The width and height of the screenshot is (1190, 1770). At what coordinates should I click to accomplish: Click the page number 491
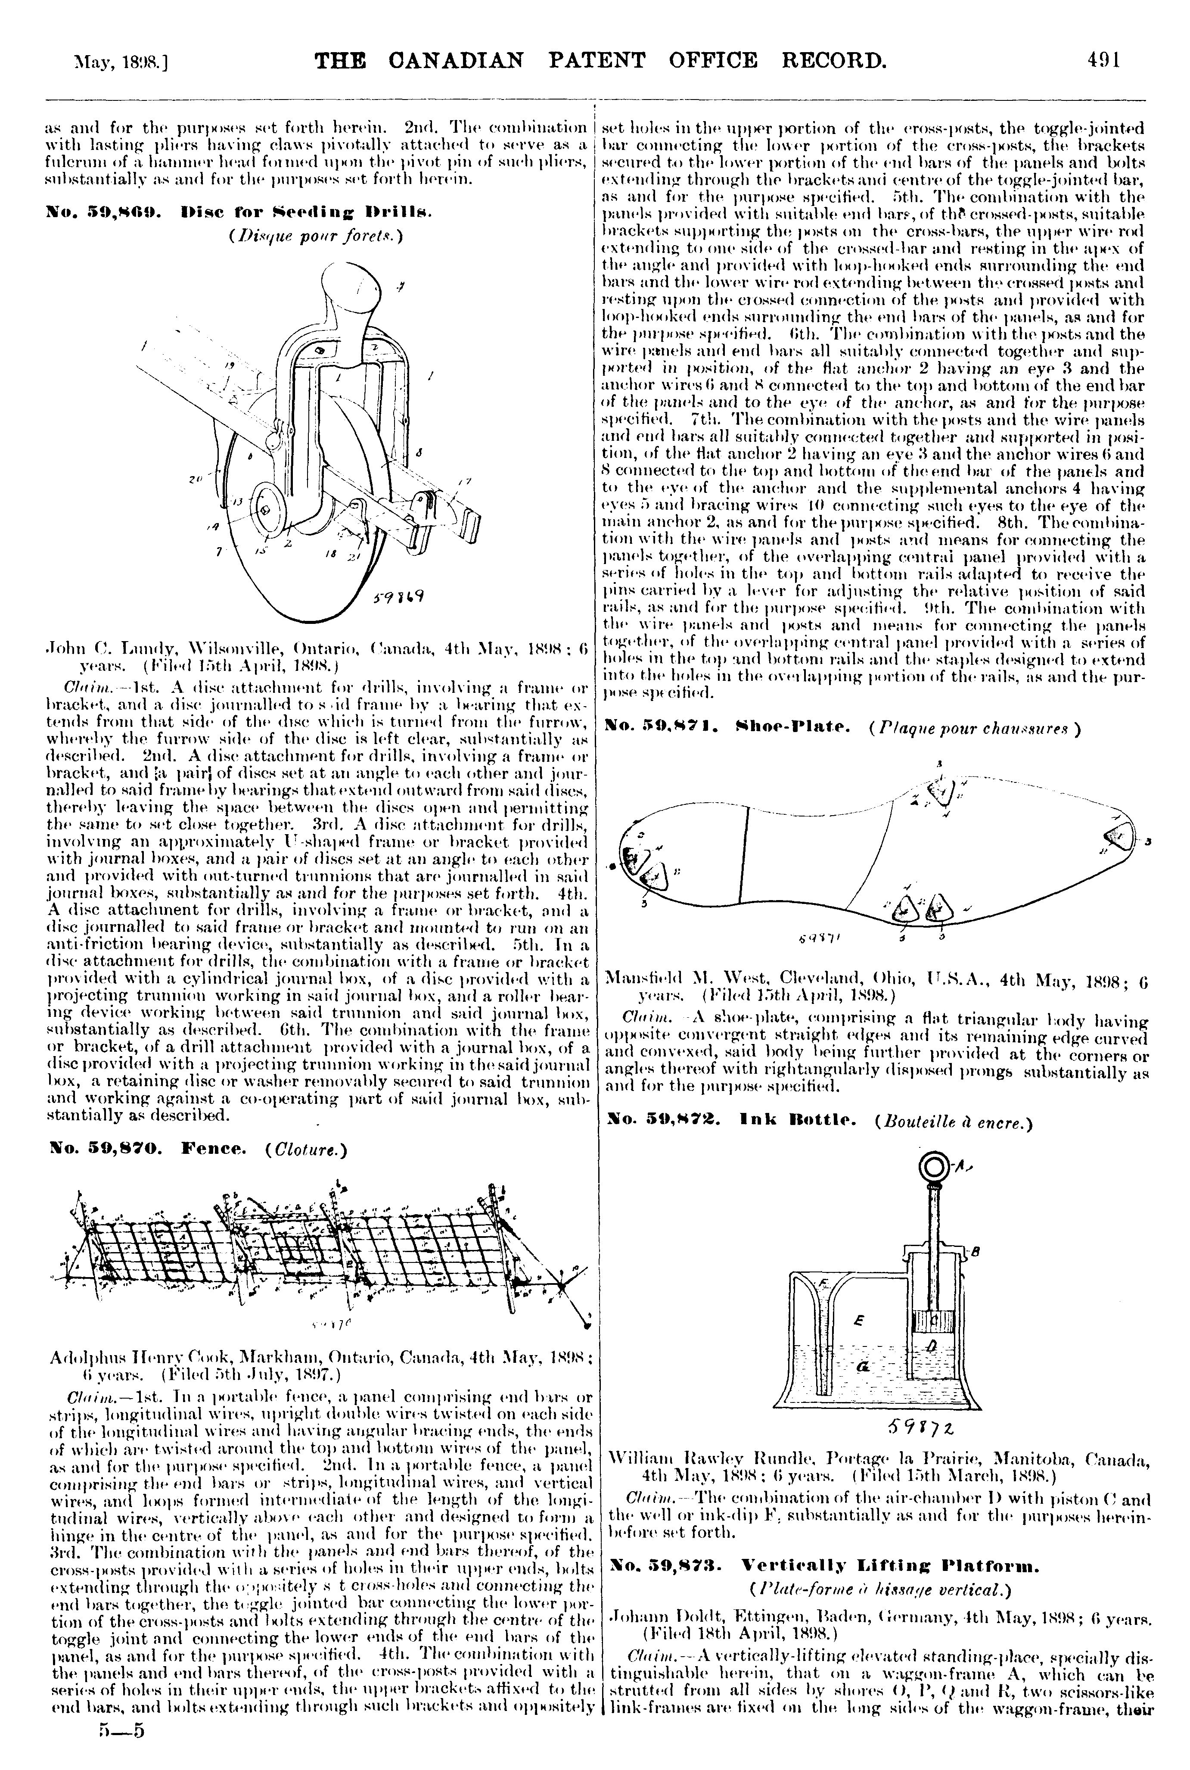click(x=1104, y=59)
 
